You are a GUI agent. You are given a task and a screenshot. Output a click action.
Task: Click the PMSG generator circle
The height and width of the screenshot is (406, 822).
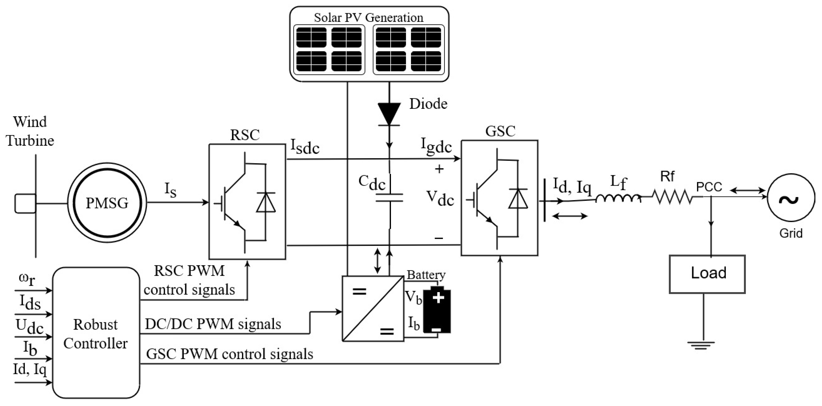click(107, 203)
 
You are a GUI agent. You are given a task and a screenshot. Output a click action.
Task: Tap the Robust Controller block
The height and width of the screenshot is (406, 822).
click(96, 333)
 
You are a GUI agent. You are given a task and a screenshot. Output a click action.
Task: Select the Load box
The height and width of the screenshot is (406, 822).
click(707, 274)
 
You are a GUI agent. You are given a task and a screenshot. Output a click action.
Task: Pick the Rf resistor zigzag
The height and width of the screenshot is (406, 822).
click(672, 197)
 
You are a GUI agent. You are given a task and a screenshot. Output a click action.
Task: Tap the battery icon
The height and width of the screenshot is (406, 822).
click(437, 310)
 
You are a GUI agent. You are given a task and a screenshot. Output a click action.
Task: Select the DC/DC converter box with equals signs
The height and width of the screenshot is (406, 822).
click(373, 308)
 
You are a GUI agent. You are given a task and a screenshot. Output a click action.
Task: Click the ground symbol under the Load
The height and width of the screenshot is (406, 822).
click(701, 345)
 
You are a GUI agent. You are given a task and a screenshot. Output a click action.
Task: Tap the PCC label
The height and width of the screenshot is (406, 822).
click(709, 187)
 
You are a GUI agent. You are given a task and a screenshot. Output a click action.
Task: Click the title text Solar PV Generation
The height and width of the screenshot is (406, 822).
click(369, 17)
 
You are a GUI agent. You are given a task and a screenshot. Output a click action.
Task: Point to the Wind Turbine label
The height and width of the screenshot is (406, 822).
click(30, 131)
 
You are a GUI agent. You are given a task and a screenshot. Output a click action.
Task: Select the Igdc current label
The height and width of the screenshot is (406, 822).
click(436, 146)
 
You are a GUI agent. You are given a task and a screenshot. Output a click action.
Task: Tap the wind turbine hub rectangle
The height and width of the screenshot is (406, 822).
click(25, 203)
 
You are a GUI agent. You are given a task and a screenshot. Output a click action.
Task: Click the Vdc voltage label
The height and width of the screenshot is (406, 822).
click(440, 198)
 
